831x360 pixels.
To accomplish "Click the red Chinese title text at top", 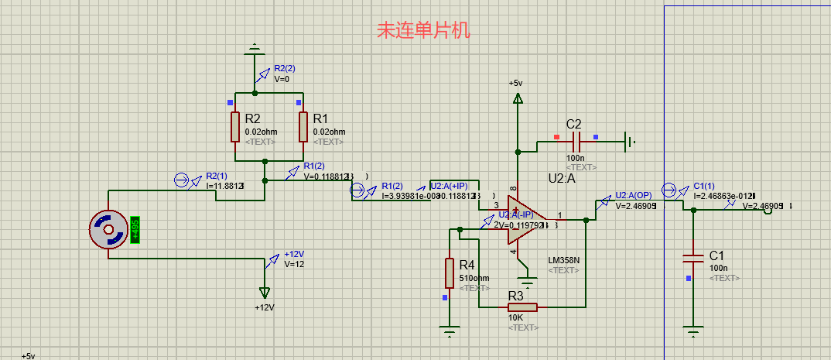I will point(422,30).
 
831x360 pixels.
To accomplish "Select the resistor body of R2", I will point(234,126).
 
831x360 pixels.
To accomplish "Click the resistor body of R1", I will point(303,126).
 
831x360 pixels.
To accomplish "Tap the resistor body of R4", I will point(449,273).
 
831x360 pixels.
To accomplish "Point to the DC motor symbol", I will point(108,231).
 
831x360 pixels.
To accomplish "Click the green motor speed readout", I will point(135,231).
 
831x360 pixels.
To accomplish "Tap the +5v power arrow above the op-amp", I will point(517,98).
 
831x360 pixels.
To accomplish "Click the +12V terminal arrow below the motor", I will point(265,293).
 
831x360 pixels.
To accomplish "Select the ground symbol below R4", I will point(450,334).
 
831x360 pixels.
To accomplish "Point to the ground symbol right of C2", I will point(631,142).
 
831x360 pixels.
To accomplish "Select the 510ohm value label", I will point(474,278).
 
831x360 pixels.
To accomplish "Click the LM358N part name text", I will point(563,260).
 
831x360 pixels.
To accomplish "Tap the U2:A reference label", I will point(562,179).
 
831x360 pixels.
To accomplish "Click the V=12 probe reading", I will point(294,264).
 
